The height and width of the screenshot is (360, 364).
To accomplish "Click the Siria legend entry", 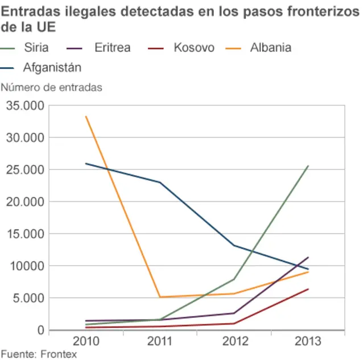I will pyautogui.click(x=36, y=48).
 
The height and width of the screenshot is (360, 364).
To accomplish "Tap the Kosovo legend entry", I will pyautogui.click(x=193, y=48).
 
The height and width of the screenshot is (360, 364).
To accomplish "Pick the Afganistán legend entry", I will pyautogui.click(x=52, y=68).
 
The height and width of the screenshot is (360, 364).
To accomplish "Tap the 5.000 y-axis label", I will pyautogui.click(x=27, y=298).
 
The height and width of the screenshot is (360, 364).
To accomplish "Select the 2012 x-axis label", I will pyautogui.click(x=234, y=341).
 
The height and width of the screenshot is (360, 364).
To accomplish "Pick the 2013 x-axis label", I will pyautogui.click(x=308, y=341).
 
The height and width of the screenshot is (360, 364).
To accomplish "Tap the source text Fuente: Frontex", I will pyautogui.click(x=39, y=354).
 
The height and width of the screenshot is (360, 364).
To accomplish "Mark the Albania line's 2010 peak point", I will pyautogui.click(x=86, y=117).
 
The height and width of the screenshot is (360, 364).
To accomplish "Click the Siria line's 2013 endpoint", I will pyautogui.click(x=308, y=166).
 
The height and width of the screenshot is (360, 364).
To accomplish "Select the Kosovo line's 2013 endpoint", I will pyautogui.click(x=308, y=289).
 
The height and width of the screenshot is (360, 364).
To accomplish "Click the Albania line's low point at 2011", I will pyautogui.click(x=160, y=297).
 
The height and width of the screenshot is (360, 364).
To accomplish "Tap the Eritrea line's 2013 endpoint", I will pyautogui.click(x=308, y=257).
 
